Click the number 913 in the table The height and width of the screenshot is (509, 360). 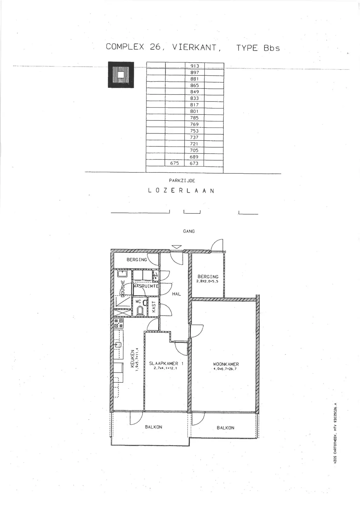coord(195,66)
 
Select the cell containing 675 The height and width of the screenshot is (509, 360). coord(175,163)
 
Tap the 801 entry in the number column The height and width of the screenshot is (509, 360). coord(194,111)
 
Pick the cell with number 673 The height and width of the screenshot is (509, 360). coord(194,163)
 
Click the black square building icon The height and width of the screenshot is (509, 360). coord(121,74)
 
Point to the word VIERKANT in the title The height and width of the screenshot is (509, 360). coord(194,47)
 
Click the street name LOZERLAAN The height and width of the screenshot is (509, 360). coord(181,191)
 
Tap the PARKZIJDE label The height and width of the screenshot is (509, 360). coord(182,181)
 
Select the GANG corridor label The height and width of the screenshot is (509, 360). coord(189,231)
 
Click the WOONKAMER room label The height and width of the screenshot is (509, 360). coord(226,364)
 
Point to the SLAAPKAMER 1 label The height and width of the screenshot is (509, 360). coord(166,363)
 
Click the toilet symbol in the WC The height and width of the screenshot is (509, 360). coord(140,310)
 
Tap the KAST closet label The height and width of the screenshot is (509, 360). coord(154,307)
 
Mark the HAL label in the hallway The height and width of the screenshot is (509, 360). coord(176,294)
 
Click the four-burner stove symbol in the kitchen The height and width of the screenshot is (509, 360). coord(119,323)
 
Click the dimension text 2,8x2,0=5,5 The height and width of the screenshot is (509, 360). coord(208,281)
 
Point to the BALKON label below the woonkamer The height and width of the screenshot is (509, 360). coord(225,428)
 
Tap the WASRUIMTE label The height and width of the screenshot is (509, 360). coord(146,286)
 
